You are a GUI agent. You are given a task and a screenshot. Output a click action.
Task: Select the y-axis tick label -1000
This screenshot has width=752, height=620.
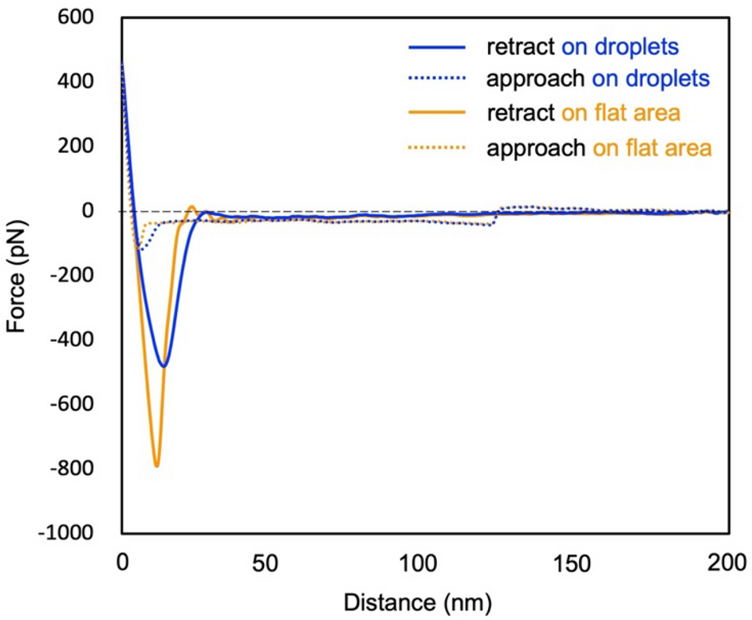84,532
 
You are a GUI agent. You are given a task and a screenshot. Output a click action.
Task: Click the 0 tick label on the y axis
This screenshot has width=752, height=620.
103,210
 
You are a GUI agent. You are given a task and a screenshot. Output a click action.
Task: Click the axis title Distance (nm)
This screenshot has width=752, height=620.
425,598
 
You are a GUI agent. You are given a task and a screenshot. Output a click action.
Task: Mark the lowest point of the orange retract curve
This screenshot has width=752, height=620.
157,466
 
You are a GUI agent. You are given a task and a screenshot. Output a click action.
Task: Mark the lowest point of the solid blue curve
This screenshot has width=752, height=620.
164,367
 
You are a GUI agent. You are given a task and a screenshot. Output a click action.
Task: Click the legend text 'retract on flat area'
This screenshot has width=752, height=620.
584,114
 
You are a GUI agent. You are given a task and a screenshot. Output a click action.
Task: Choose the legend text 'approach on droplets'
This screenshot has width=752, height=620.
599,80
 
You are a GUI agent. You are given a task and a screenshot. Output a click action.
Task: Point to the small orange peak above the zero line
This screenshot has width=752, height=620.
192,206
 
